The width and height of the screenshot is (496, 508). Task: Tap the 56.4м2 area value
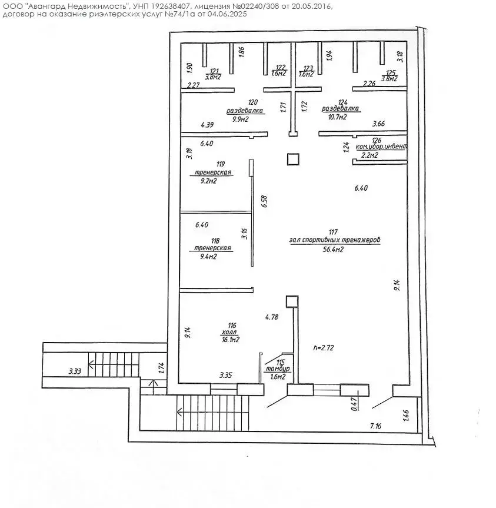334,250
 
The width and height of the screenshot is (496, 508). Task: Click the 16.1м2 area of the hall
231,340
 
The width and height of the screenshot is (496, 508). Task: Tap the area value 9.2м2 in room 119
209,181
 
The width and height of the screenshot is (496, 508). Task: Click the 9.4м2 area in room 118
209,257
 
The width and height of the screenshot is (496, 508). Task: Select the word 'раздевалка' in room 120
245,111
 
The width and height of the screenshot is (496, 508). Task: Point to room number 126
377,140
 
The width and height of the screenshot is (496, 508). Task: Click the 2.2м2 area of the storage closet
369,155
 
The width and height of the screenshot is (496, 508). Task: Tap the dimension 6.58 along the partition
265,201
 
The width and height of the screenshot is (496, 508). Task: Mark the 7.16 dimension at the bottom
377,425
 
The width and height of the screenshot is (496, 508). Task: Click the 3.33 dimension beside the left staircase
74,371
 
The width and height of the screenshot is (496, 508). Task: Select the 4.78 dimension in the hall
272,317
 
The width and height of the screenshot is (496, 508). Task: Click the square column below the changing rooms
293,159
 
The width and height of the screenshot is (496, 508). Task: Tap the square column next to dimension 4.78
292,301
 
